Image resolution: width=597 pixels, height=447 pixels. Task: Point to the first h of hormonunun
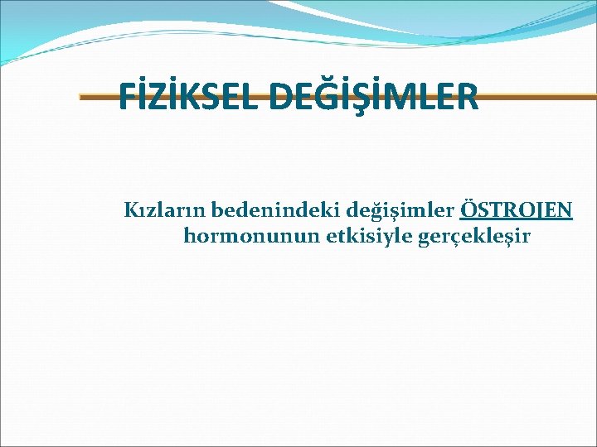click(190, 236)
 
